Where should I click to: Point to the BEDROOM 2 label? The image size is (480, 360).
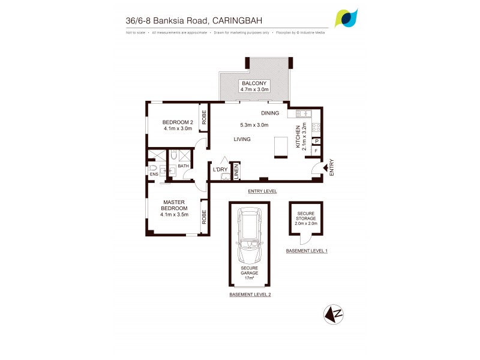point(178,121)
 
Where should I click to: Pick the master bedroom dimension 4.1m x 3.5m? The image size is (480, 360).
point(175,214)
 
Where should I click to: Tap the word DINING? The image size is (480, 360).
point(271,113)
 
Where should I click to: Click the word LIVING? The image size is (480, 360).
point(242,139)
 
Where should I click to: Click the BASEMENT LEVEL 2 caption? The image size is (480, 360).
point(250,295)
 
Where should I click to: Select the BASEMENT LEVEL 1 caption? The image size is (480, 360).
point(307,250)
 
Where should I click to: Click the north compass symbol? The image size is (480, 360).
point(334,313)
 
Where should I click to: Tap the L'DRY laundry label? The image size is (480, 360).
point(220,170)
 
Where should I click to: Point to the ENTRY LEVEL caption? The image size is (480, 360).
point(262,191)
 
